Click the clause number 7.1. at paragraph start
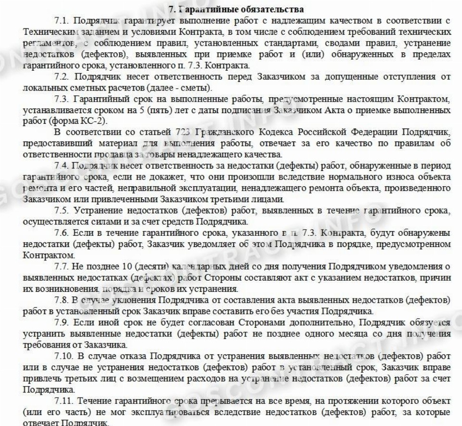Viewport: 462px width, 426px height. [63, 21]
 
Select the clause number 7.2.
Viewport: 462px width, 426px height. [63, 77]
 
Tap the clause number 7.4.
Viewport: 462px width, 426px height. [63, 166]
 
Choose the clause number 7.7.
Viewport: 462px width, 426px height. [63, 266]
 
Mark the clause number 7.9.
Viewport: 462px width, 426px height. [63, 322]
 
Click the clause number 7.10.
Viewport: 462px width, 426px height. [65, 356]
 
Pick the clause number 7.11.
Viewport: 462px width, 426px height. [65, 400]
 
